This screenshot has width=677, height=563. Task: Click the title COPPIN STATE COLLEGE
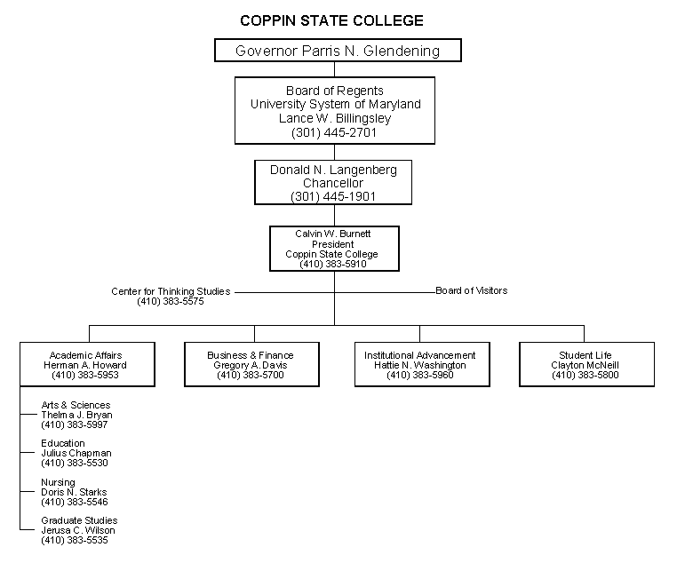coord(331,20)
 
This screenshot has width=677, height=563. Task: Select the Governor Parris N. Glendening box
coord(338,51)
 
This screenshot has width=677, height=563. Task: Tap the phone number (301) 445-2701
coord(334,131)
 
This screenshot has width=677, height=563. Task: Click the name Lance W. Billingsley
coord(334,118)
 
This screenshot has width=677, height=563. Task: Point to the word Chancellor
coord(334,183)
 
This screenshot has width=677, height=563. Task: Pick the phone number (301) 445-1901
coord(334,196)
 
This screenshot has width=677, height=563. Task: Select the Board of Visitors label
coord(471,290)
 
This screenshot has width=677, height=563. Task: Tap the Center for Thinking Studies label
coord(171,291)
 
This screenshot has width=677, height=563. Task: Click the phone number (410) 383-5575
coord(171,302)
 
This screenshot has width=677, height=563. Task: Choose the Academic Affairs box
coord(85,364)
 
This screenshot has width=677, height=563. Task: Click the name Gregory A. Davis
coord(251,365)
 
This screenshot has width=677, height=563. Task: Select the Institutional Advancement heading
coord(419,355)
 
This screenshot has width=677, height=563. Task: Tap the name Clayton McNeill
coord(585,365)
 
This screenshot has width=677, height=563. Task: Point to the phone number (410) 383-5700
coord(251,376)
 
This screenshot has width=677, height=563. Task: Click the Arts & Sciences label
coord(76,405)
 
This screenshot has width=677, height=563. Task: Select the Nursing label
coord(58,482)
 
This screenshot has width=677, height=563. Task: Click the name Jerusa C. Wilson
coord(78,530)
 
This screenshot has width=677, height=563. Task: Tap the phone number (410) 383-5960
coord(419,376)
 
